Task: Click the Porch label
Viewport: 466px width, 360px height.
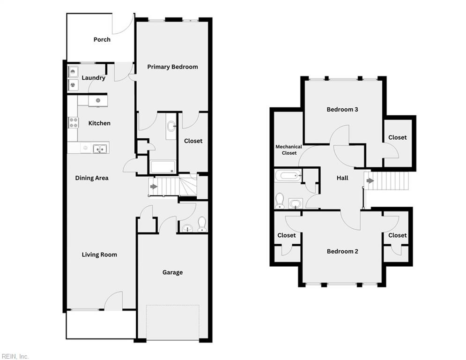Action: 102,39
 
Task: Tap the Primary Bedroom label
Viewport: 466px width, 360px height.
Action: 172,67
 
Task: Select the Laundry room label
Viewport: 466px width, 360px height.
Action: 93,78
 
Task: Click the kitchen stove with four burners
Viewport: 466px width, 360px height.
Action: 74,122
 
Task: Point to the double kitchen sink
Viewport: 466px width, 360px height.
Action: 100,149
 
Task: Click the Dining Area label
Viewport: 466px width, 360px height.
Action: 92,178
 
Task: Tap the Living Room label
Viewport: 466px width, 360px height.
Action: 99,255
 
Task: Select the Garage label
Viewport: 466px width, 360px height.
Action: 172,272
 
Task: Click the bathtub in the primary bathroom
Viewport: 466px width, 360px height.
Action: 163,167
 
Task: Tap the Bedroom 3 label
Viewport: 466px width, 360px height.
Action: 342,110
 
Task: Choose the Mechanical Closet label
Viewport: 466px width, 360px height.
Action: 288,150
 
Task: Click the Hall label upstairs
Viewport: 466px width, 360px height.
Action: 342,178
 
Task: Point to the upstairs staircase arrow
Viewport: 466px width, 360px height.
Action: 370,180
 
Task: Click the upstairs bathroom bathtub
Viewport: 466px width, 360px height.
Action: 288,176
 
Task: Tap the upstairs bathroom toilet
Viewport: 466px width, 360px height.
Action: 280,200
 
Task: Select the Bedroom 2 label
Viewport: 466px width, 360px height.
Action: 342,251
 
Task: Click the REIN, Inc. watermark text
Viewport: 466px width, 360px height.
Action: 15,356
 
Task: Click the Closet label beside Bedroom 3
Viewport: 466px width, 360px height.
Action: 397,137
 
